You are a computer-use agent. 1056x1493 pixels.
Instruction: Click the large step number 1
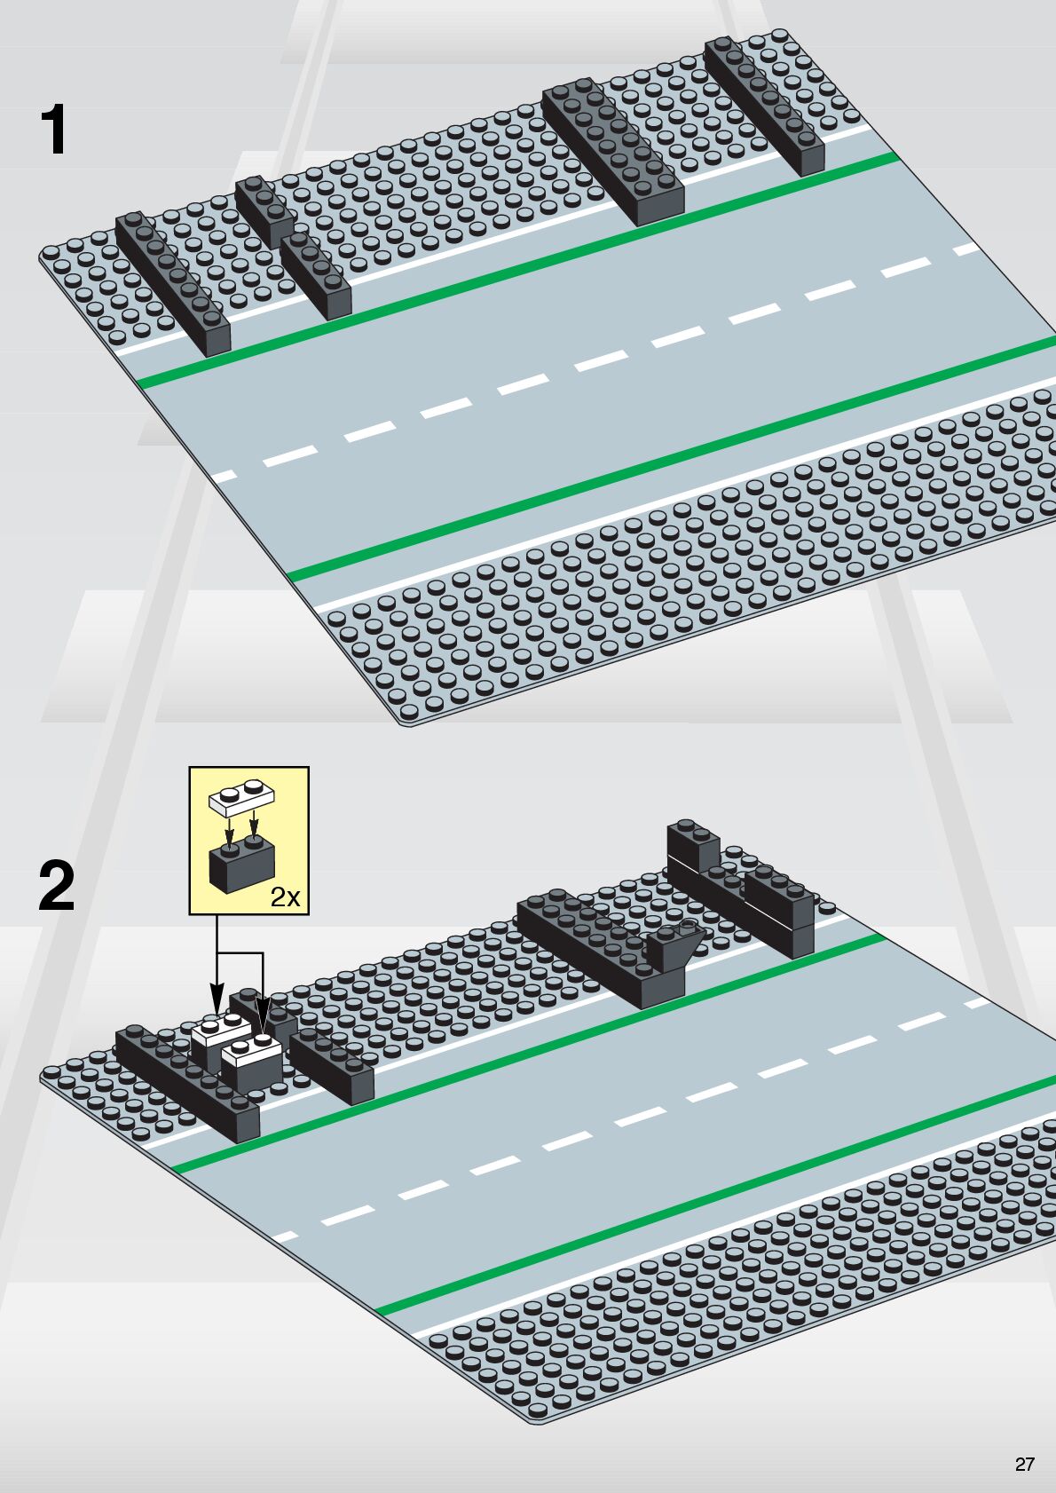pos(55,130)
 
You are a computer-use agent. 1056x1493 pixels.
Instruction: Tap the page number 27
pos(1024,1465)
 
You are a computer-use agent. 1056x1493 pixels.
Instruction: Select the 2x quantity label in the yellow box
pos(285,897)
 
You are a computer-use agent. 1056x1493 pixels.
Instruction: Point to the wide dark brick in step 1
pos(612,151)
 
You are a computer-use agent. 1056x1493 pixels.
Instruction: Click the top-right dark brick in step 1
pos(765,107)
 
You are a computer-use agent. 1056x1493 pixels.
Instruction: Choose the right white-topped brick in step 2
pos(252,1061)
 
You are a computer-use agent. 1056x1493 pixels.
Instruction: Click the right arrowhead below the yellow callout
pos(263,1007)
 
